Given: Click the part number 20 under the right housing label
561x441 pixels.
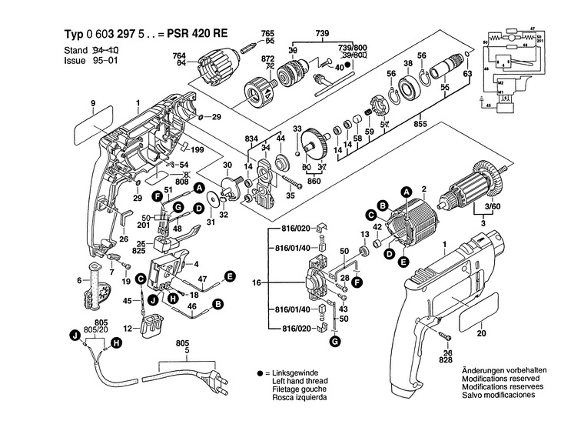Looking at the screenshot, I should tap(481, 334).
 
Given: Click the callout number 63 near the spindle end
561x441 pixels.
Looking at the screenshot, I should tap(467, 73).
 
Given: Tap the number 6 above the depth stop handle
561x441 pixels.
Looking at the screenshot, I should tap(78, 280).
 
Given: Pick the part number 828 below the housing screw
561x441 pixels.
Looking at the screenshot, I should tap(446, 359).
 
